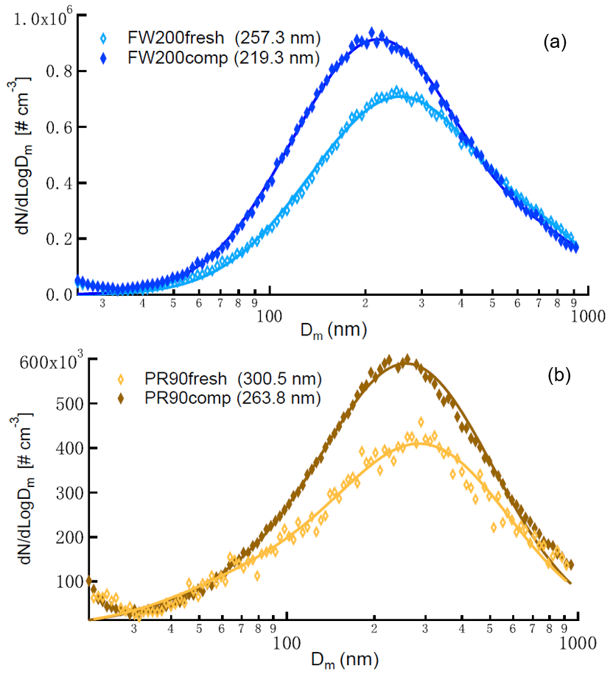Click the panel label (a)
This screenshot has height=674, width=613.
(x=554, y=43)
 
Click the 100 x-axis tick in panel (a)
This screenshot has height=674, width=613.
(x=270, y=316)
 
